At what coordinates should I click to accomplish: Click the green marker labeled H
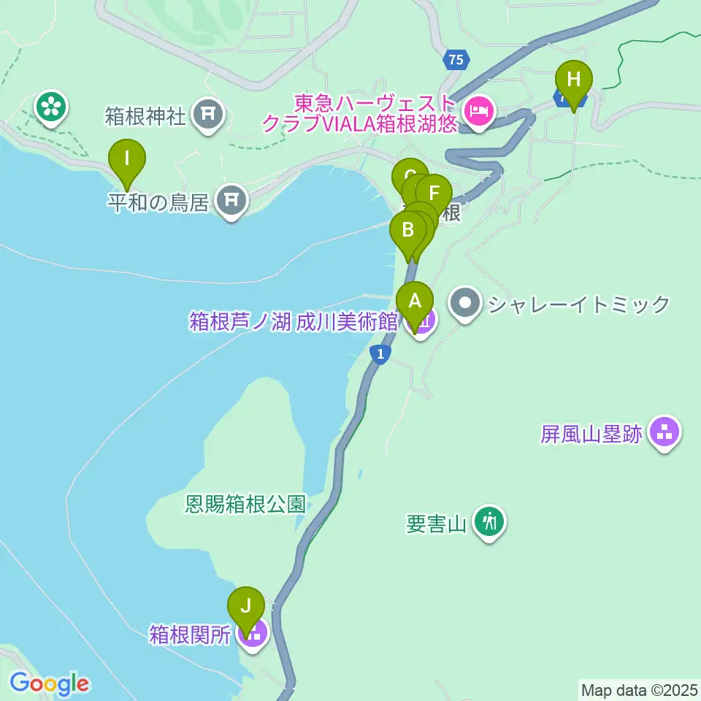[574, 79]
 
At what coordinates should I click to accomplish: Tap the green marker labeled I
[127, 158]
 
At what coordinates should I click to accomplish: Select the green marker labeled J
[246, 606]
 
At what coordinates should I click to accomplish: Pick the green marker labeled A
[415, 301]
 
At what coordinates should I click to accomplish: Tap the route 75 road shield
[456, 61]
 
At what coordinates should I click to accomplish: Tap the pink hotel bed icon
[478, 111]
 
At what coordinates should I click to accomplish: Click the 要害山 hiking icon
[489, 522]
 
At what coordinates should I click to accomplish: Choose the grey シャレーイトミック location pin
[466, 303]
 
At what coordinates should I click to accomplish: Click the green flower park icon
[52, 107]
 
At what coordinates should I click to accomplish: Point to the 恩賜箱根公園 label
[244, 505]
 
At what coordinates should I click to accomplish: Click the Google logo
[49, 684]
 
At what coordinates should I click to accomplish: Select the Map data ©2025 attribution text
[638, 689]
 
